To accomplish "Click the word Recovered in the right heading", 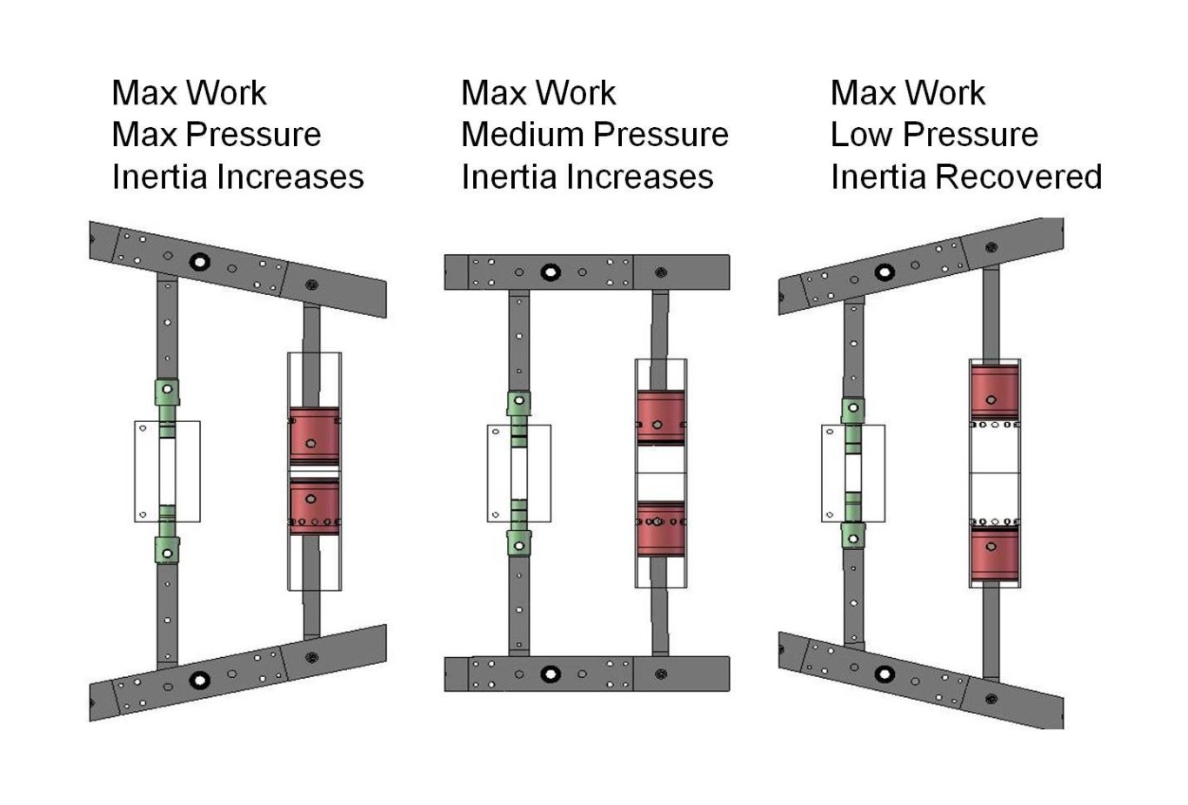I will tap(1018, 177).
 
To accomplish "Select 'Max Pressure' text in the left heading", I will tap(216, 135).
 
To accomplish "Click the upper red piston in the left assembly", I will tap(314, 435).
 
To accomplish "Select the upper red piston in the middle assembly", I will tap(661, 418).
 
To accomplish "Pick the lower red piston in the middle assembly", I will tap(661, 528).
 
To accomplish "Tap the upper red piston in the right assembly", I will tap(994, 392).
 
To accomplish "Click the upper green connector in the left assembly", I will tap(167, 392).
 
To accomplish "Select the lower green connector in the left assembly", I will tap(167, 550).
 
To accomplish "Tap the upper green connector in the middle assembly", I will tap(519, 404).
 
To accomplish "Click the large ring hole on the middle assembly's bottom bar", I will tap(550, 674).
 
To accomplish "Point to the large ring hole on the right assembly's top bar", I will tap(884, 272).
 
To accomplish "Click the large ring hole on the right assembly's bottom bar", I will tap(884, 674).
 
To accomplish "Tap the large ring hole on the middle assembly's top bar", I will tap(550, 272).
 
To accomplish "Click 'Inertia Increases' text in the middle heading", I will tap(587, 177).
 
